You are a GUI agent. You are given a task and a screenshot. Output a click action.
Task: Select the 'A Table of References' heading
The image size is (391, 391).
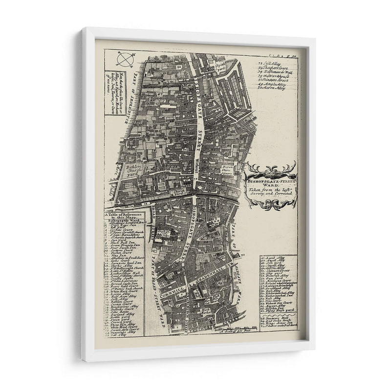[124, 216]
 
